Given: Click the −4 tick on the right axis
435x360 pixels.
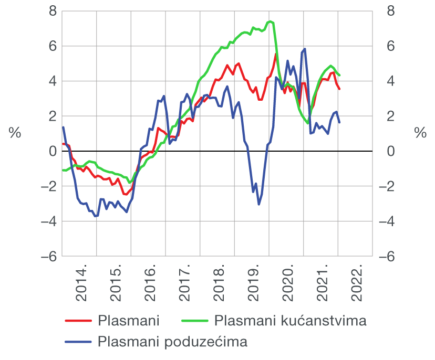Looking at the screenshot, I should [386, 221].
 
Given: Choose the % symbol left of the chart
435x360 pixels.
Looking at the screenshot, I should [14, 133].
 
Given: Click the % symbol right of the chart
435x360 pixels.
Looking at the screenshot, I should [420, 133].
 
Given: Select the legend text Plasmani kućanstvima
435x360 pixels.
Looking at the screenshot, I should [291, 320].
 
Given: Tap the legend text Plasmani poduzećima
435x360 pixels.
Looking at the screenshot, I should [172, 342].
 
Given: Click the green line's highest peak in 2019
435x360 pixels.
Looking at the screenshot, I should [270, 22].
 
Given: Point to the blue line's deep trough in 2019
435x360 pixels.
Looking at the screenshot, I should [258, 204].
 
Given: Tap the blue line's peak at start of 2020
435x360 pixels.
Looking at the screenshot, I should [305, 49].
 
